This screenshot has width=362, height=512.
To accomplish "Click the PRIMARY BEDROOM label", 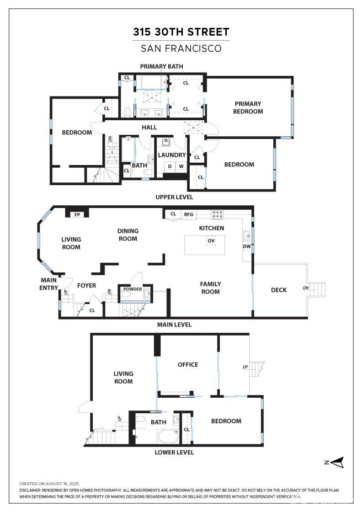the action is (248, 107).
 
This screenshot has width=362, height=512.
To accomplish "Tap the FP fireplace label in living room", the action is (77, 215).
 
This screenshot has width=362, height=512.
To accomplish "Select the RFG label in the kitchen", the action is (189, 214).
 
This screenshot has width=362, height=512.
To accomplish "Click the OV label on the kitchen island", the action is (211, 241).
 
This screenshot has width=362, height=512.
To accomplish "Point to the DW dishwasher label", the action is (247, 246).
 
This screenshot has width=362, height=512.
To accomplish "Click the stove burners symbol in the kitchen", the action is (218, 214).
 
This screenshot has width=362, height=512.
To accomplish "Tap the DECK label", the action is (279, 290).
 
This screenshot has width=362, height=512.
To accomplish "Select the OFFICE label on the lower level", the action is (188, 365).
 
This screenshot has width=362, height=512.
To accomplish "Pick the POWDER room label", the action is (133, 289).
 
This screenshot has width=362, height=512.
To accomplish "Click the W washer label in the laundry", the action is (181, 166).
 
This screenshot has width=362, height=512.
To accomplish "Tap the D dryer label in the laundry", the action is (170, 166).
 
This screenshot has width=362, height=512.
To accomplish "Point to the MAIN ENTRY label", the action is (48, 284).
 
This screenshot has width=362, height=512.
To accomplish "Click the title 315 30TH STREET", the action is (181, 32).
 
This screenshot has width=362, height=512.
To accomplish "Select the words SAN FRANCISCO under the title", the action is (181, 48).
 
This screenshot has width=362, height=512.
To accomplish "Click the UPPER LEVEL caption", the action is (174, 197).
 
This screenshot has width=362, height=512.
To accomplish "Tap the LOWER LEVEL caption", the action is (174, 453).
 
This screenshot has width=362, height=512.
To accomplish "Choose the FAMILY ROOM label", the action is (211, 288).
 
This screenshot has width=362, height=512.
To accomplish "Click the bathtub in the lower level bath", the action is (168, 437).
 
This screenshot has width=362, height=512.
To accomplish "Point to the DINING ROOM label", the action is (128, 235).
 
